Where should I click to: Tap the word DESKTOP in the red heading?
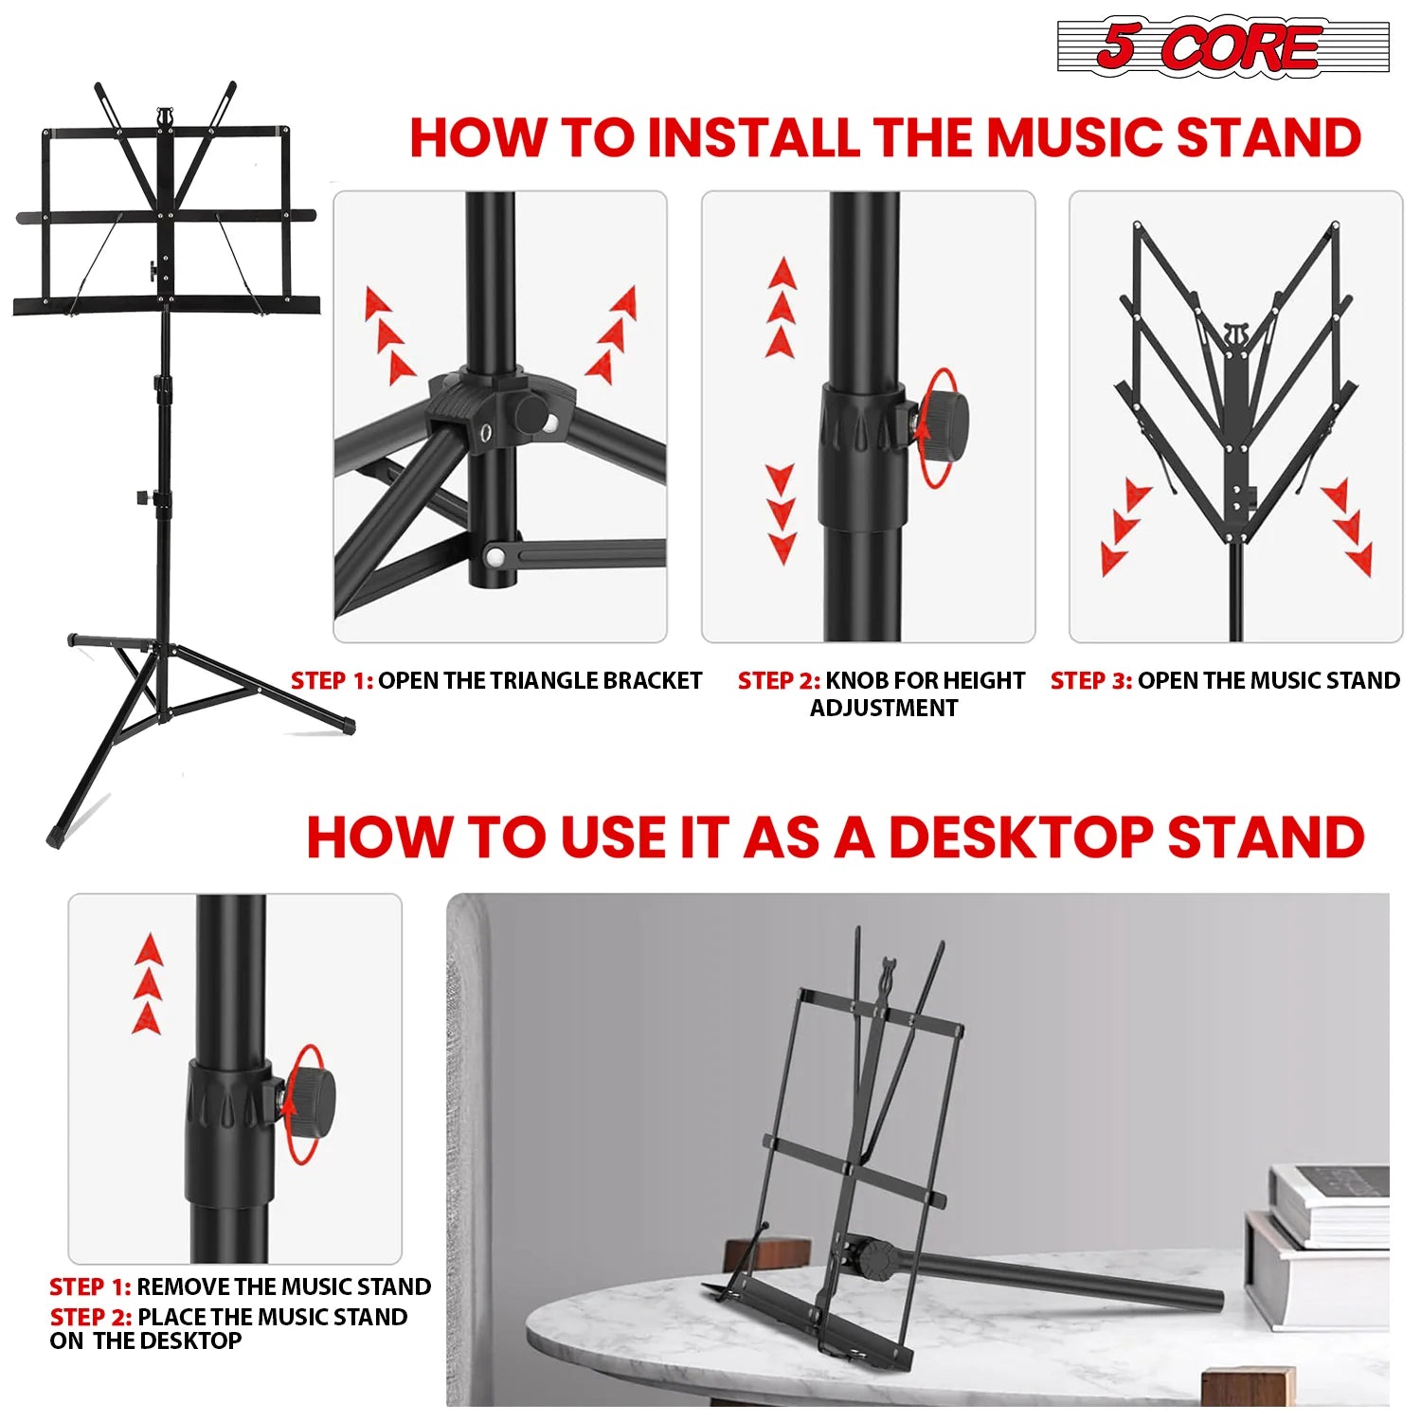pos(1019,837)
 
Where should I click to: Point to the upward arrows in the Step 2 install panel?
pos(781,308)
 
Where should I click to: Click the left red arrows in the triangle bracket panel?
pos(389,335)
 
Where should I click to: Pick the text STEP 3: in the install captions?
pos(1090,680)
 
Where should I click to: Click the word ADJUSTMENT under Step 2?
pos(883,708)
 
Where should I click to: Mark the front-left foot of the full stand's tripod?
pos(55,837)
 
